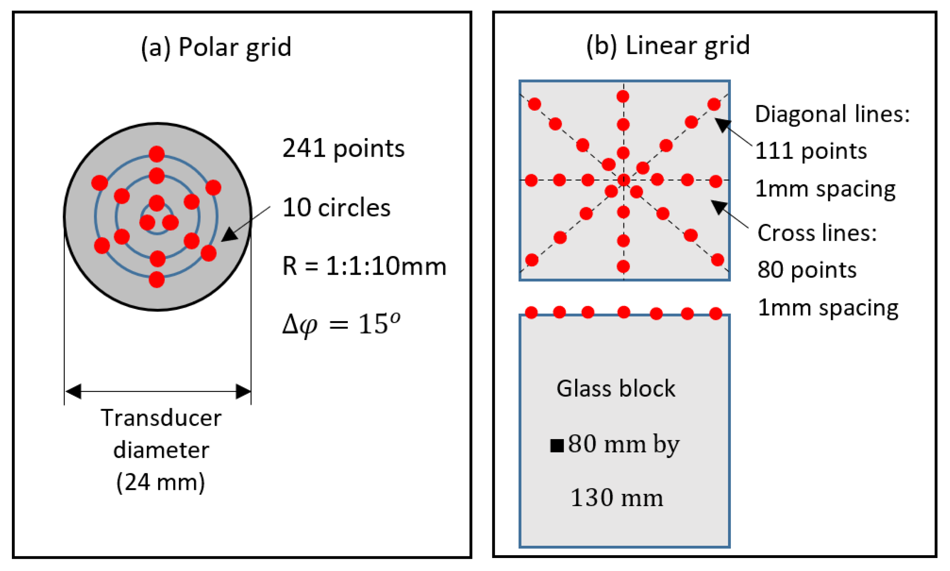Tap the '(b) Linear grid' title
[668, 46]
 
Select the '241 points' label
[343, 149]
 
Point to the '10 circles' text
[336, 208]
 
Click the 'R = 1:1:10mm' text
[364, 266]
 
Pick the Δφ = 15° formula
[341, 324]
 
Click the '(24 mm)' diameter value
[160, 482]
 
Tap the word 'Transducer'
[161, 418]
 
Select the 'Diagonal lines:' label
[832, 114]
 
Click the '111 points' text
[811, 151]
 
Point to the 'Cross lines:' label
[817, 233]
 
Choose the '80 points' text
[807, 270]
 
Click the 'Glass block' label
[616, 389]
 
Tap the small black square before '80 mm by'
[557, 445]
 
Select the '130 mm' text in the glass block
[617, 498]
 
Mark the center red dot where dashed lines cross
[623, 180]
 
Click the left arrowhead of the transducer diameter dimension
[73, 391]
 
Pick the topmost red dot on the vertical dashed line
[623, 96]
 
